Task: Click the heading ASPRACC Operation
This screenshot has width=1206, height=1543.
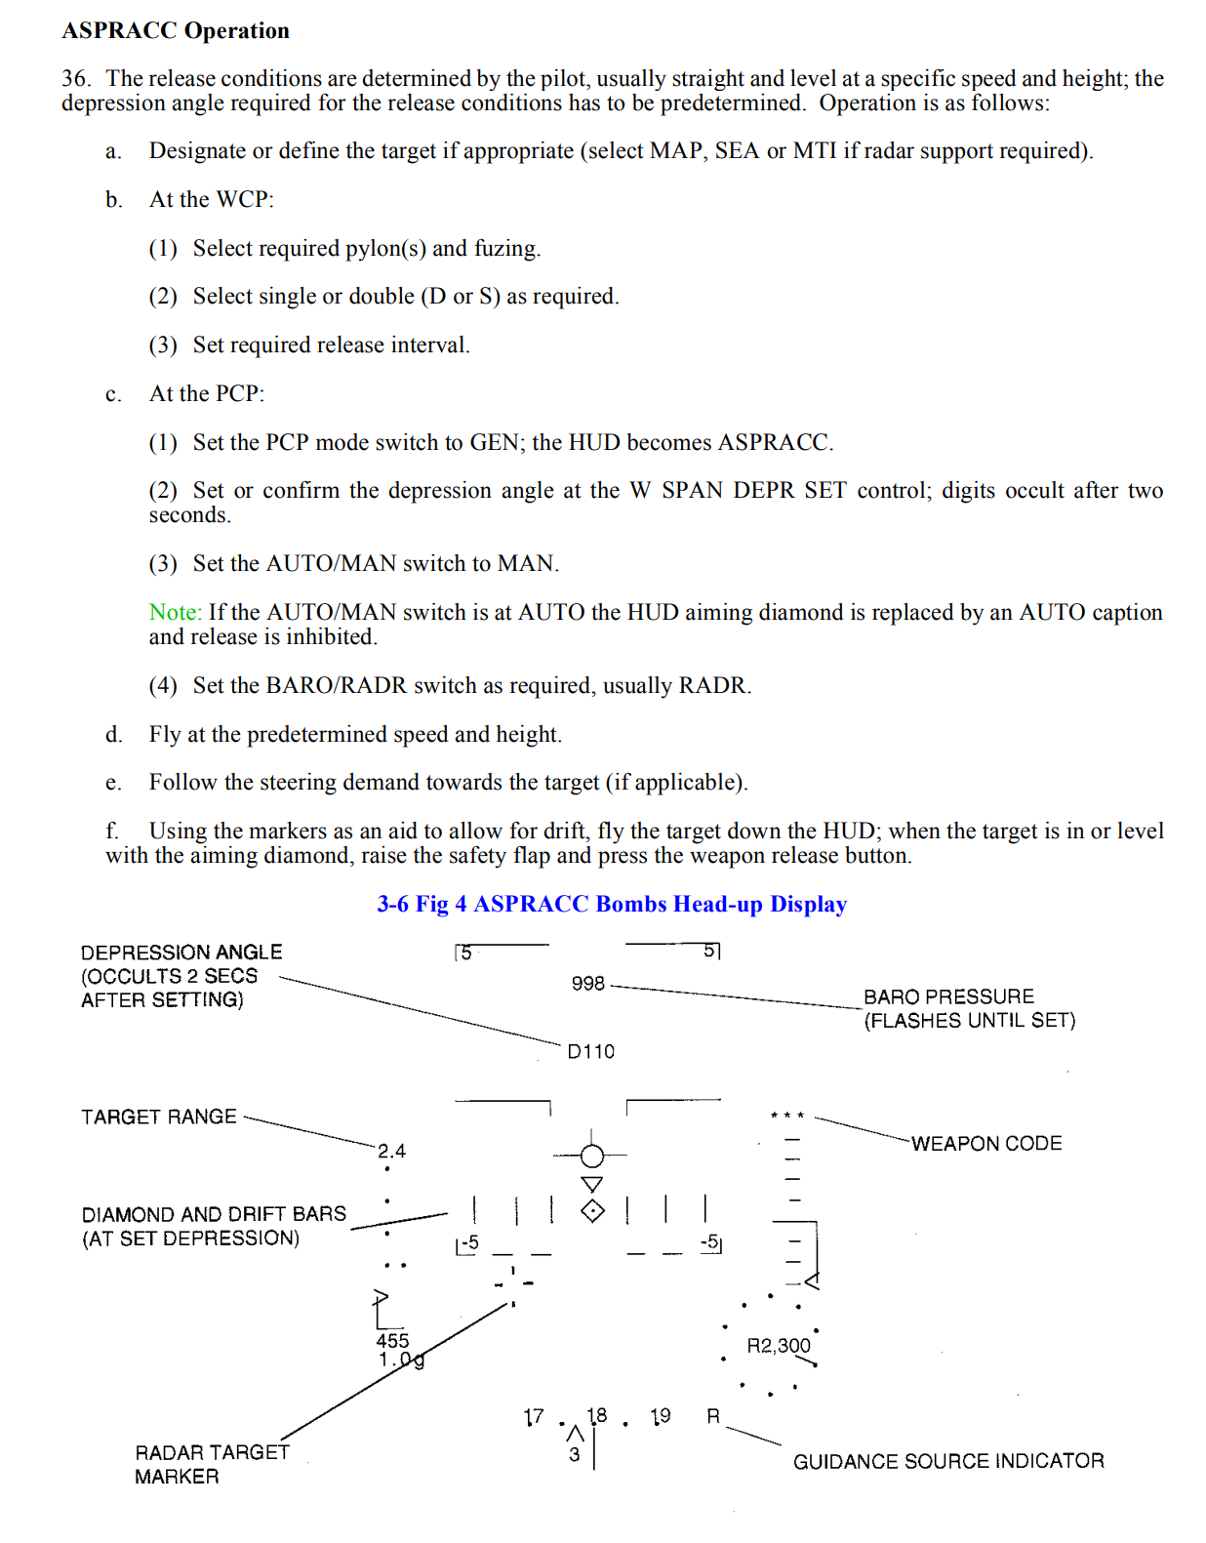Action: [176, 30]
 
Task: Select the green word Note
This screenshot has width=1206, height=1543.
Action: [174, 612]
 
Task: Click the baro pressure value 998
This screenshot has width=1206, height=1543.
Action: [587, 984]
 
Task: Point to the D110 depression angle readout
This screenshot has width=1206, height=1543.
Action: [591, 1051]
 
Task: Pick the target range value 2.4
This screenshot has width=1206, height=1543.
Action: [391, 1152]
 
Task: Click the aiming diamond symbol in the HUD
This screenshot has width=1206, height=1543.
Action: [592, 1211]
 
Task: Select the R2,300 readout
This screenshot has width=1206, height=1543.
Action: [778, 1346]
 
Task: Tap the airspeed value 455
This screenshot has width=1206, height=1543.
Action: [392, 1341]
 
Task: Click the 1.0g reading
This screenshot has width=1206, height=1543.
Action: [401, 1360]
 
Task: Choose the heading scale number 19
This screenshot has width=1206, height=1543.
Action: [661, 1416]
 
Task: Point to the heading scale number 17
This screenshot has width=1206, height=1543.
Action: [533, 1417]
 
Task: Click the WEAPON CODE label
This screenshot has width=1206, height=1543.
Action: [986, 1144]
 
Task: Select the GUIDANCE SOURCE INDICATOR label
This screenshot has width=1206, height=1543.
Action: [948, 1461]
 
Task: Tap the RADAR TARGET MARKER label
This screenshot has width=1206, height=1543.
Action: [212, 1464]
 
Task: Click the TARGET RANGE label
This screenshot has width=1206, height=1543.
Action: [159, 1117]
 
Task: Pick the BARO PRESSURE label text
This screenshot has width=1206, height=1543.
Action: [948, 996]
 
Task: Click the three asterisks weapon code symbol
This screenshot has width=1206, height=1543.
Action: [786, 1116]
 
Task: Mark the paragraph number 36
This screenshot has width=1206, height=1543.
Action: [75, 79]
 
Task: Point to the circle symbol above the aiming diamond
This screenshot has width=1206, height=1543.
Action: [592, 1157]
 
